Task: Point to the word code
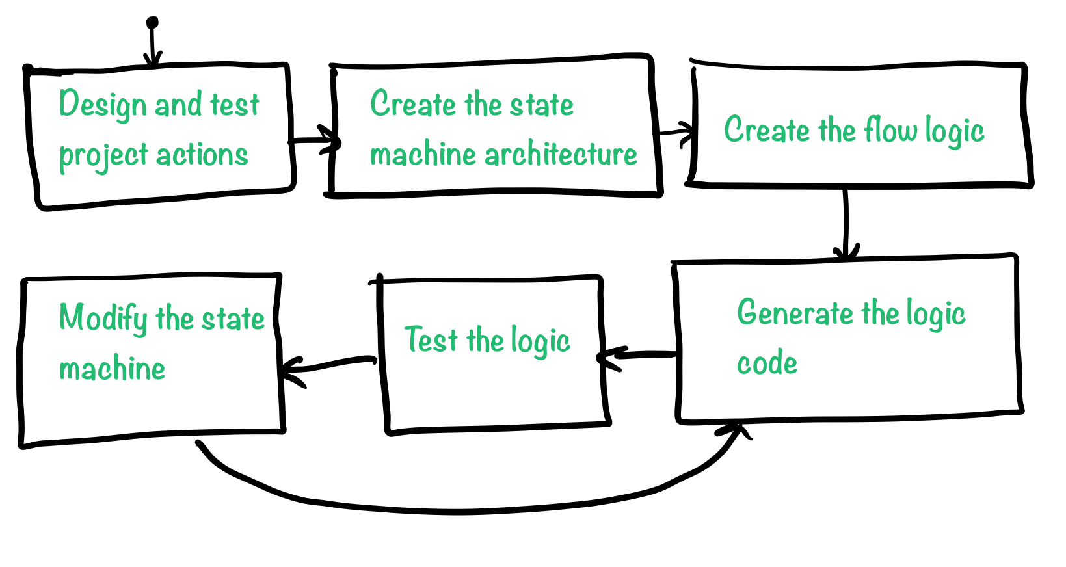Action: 767,363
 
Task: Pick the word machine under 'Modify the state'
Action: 112,369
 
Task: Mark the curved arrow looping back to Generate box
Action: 468,508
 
